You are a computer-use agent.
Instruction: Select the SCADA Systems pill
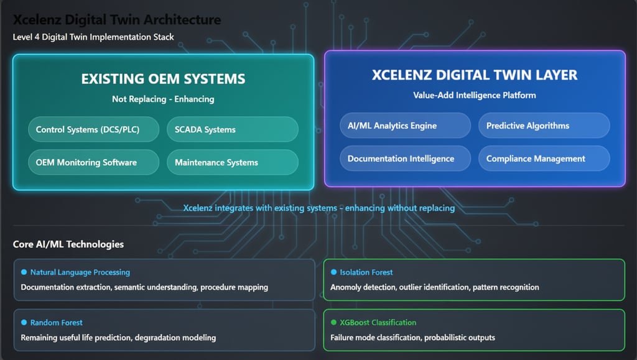(x=232, y=129)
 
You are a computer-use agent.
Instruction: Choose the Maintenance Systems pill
(x=232, y=162)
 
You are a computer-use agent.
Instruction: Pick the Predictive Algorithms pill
(x=544, y=126)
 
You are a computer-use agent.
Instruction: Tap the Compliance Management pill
(x=544, y=159)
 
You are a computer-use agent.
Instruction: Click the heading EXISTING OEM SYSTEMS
(x=163, y=79)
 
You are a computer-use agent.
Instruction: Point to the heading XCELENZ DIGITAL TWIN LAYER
(x=475, y=75)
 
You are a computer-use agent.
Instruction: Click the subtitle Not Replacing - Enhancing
(x=163, y=99)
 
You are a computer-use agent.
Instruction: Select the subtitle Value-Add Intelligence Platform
(x=475, y=95)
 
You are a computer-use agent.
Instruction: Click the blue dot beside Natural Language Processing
(x=24, y=272)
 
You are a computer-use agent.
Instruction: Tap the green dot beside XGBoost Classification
(x=333, y=323)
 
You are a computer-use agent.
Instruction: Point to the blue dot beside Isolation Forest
(x=333, y=272)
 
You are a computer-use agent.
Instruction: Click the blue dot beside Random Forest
(x=24, y=323)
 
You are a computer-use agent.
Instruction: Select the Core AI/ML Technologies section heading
(x=68, y=244)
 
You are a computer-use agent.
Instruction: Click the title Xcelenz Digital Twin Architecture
(x=117, y=20)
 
